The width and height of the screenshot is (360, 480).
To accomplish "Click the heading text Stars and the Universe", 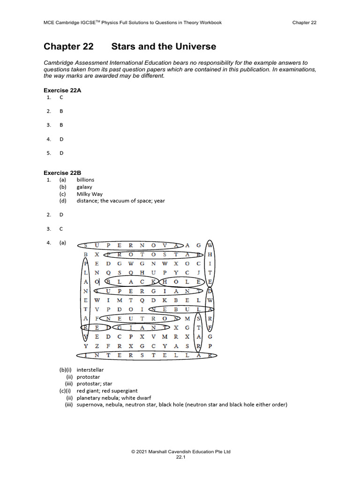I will point(164,46).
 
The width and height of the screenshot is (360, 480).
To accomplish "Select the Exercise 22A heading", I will point(62,90).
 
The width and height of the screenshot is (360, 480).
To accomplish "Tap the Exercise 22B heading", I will point(62,172).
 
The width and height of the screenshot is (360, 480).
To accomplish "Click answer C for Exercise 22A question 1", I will point(61,97).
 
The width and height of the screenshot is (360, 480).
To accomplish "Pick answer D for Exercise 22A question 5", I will point(61,153).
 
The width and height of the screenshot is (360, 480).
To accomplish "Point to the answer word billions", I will point(85,180).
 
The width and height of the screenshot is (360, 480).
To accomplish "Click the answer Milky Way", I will point(90,194).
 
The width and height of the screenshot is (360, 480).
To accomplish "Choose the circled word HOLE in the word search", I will point(182,282).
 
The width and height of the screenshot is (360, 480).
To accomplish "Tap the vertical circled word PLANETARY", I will point(85,300).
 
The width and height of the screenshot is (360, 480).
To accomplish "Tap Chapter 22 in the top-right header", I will point(304,22).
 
